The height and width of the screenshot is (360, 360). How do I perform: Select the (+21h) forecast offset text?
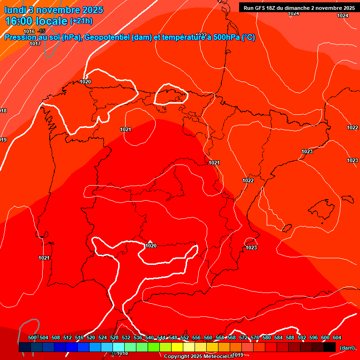tap(81, 21)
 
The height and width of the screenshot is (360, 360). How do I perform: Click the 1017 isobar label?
tap(35, 44)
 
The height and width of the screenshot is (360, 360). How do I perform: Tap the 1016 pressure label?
tap(29, 31)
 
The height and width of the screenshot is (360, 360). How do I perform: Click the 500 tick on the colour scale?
tap(32, 337)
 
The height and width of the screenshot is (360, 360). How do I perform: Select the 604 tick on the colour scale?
tap(337, 337)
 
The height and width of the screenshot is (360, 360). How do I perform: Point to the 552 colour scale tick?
tap(185, 337)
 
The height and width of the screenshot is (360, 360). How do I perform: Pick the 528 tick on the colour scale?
tap(114, 337)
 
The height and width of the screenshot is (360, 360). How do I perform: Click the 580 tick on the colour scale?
tap(267, 337)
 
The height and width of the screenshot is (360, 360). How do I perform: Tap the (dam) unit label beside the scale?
tap(347, 347)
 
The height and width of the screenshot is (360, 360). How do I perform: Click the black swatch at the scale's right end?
tap(330, 347)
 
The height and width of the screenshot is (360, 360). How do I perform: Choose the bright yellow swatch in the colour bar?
tap(177, 347)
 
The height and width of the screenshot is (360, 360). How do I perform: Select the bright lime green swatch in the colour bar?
tap(153, 347)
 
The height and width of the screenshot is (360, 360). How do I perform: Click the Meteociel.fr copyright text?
tap(199, 356)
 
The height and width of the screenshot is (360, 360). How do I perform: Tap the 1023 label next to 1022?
tap(352, 160)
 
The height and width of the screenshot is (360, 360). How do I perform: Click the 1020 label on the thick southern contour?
tap(151, 246)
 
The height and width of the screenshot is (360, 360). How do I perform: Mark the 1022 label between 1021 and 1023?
tap(248, 180)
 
